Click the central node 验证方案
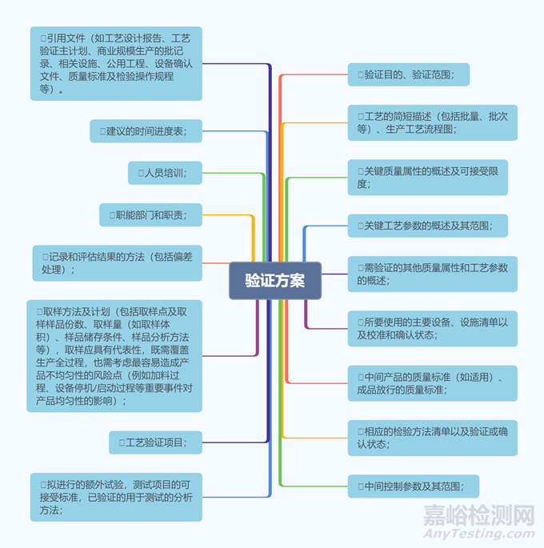(274, 281)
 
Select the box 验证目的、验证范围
(408, 74)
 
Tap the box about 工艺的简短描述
(432, 122)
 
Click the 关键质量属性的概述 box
(427, 178)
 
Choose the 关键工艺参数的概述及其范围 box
(427, 226)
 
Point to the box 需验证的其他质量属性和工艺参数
(432, 274)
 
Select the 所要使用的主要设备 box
(432, 328)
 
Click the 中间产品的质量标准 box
(432, 383)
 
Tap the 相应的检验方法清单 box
(432, 438)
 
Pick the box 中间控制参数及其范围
(413, 486)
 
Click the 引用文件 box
(116, 63)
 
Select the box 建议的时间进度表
(146, 130)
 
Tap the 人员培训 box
(165, 172)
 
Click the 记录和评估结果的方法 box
(116, 262)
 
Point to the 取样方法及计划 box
(114, 356)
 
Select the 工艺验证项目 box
(155, 442)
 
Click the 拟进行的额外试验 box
(116, 497)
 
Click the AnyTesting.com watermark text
(478, 534)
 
